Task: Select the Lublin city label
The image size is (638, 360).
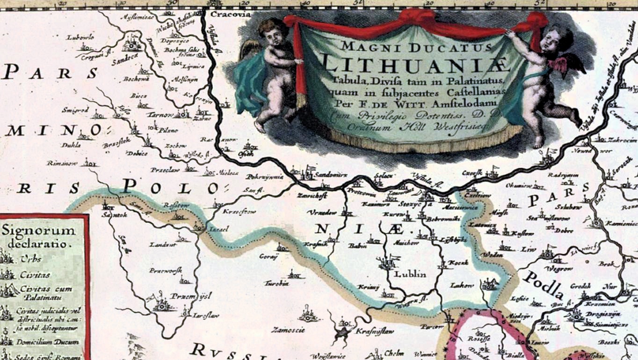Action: pos(410,274)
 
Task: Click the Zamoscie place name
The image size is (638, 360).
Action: pos(291,329)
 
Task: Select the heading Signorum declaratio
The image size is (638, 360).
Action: pos(39,237)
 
